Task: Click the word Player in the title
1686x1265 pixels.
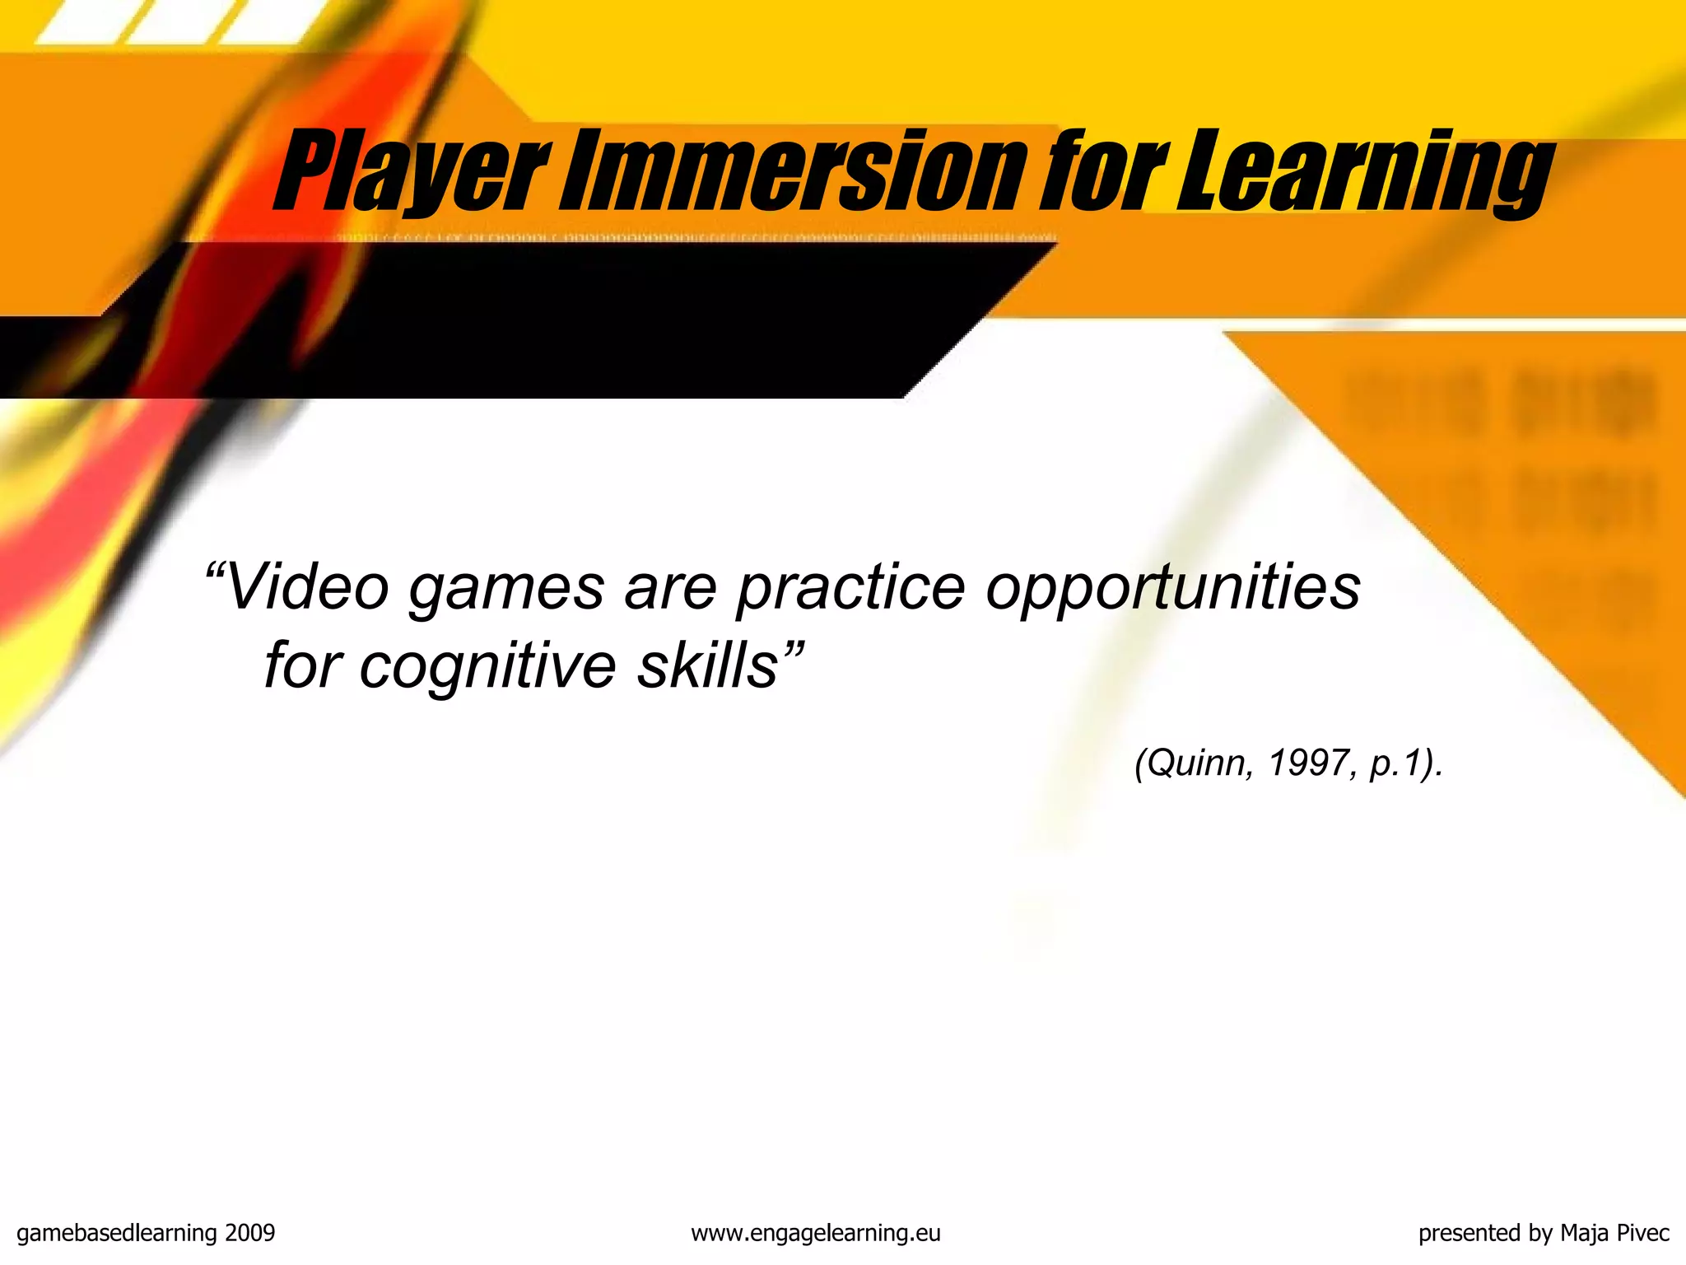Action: (412, 171)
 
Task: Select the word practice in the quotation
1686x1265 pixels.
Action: (851, 590)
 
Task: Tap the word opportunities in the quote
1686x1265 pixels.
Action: (1173, 590)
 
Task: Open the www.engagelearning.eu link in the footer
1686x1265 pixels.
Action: (815, 1233)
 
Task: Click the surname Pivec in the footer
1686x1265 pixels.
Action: (1642, 1233)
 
